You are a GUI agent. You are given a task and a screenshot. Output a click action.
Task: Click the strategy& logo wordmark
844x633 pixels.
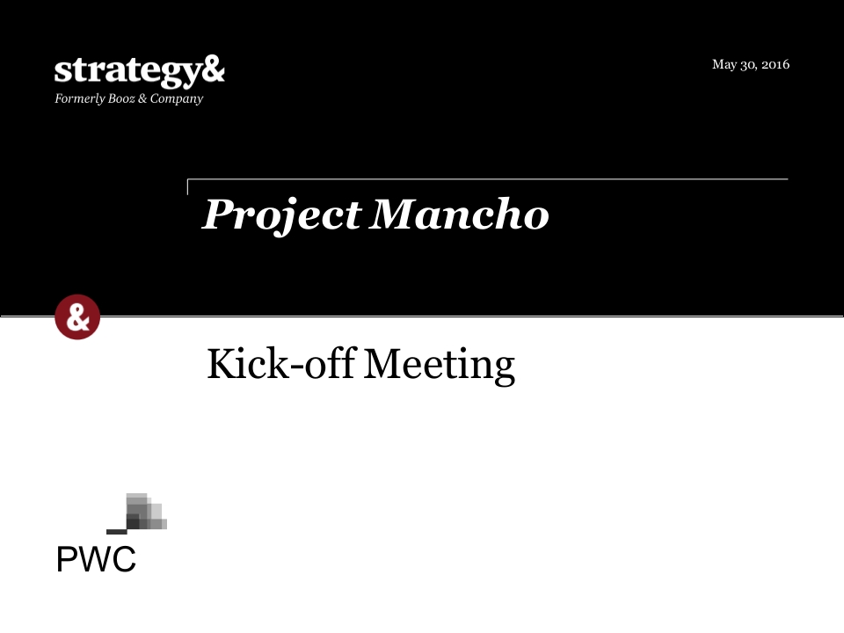tap(140, 71)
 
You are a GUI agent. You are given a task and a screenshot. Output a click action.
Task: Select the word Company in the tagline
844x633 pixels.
tap(177, 99)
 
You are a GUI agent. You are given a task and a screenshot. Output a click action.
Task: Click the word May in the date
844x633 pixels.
tap(724, 65)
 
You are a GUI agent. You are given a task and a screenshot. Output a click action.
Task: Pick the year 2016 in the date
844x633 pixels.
tap(775, 64)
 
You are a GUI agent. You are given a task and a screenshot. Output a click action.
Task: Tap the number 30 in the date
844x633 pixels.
tap(748, 65)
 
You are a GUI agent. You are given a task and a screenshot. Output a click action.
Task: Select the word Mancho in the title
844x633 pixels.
tap(459, 215)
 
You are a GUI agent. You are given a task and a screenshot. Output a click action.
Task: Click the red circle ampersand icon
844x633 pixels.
tap(77, 317)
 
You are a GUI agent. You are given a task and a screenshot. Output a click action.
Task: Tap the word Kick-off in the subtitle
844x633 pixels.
tap(281, 364)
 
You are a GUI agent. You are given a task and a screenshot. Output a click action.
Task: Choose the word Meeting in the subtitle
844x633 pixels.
tap(440, 366)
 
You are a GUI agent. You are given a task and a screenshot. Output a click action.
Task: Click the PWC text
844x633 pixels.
tap(97, 559)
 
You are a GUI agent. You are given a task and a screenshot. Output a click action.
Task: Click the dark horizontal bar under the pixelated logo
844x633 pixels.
tap(117, 532)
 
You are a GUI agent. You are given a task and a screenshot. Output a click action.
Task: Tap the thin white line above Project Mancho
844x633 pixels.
tap(488, 178)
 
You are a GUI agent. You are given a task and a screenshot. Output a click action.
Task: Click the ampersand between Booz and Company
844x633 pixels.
tap(142, 98)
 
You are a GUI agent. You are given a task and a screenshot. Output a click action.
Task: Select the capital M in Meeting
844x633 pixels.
tap(381, 364)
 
